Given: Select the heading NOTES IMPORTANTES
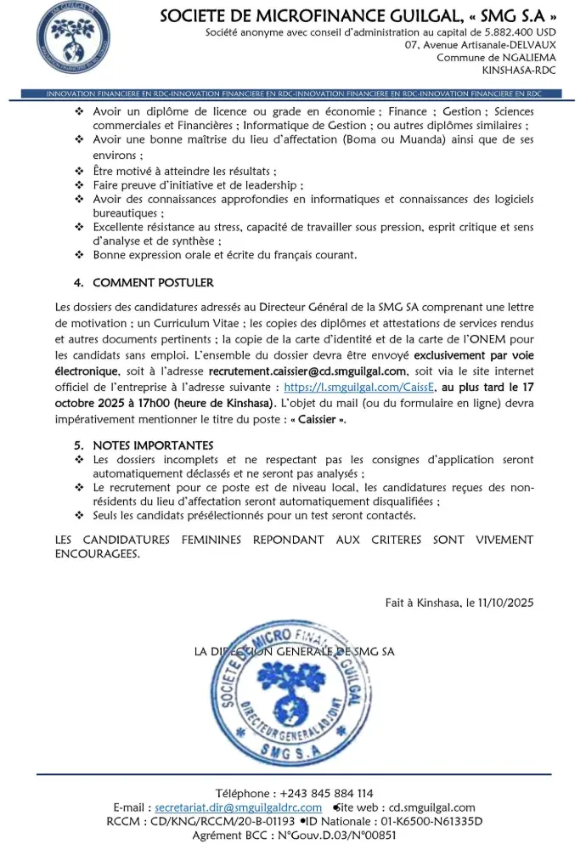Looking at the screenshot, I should (153, 445).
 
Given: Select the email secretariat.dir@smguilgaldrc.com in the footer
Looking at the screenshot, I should (239, 807).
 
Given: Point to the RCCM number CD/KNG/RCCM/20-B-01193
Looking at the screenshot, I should (223, 821).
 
